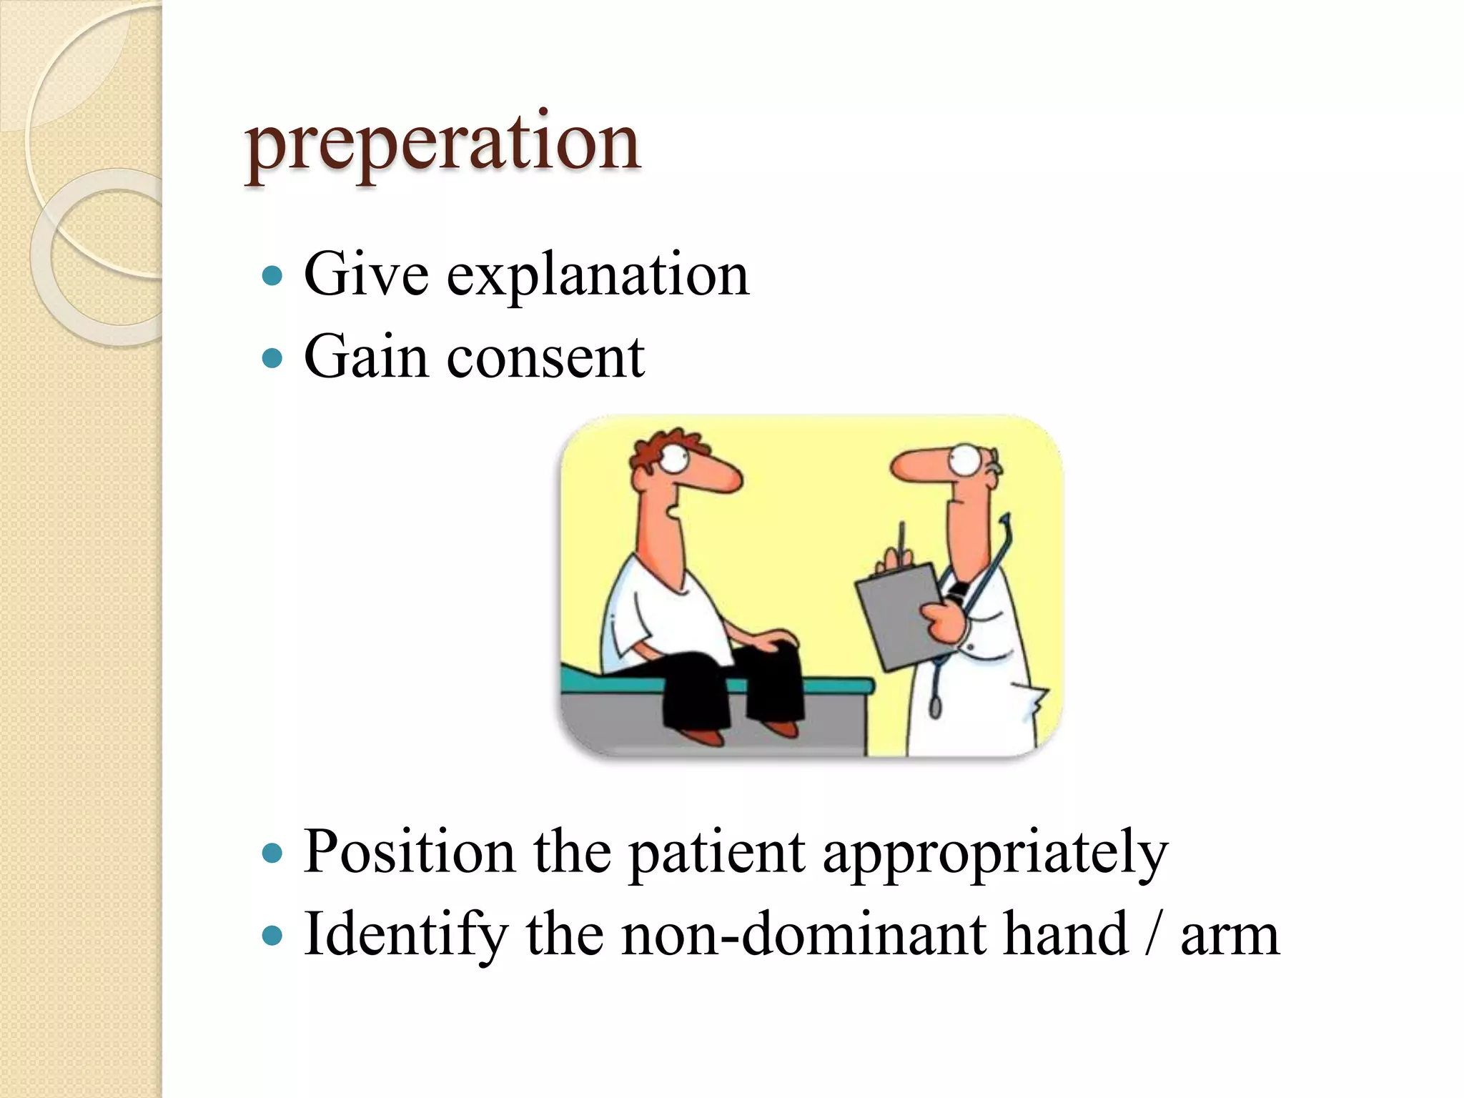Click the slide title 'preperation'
click(x=442, y=144)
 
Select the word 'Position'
click(x=409, y=851)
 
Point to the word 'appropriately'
click(x=995, y=854)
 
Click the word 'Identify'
click(x=405, y=935)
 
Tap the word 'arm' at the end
click(x=1229, y=936)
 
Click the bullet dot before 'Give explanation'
click(x=272, y=275)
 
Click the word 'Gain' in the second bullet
click(x=365, y=357)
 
